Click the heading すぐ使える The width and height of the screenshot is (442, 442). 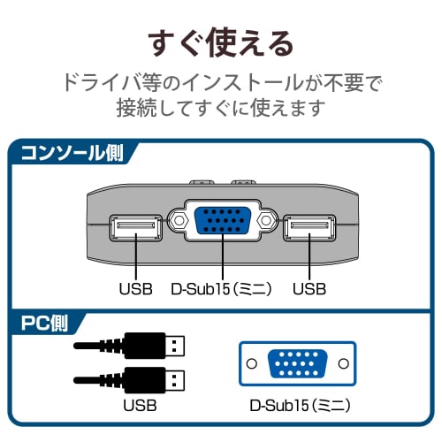pyautogui.click(x=221, y=41)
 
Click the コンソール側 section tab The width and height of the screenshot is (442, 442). pyautogui.click(x=71, y=151)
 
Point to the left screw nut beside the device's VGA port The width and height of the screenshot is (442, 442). pyautogui.click(x=178, y=223)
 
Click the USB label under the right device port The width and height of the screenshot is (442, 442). pyautogui.click(x=309, y=289)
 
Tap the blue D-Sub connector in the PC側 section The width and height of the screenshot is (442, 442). pyautogui.click(x=296, y=363)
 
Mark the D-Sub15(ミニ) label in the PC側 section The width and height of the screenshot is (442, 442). pyautogui.click(x=296, y=407)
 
